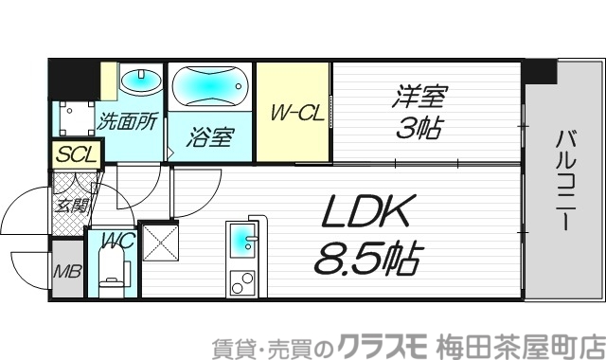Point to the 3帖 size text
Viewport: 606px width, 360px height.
pyautogui.click(x=418, y=127)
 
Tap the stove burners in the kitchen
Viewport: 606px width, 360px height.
pyautogui.click(x=243, y=281)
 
